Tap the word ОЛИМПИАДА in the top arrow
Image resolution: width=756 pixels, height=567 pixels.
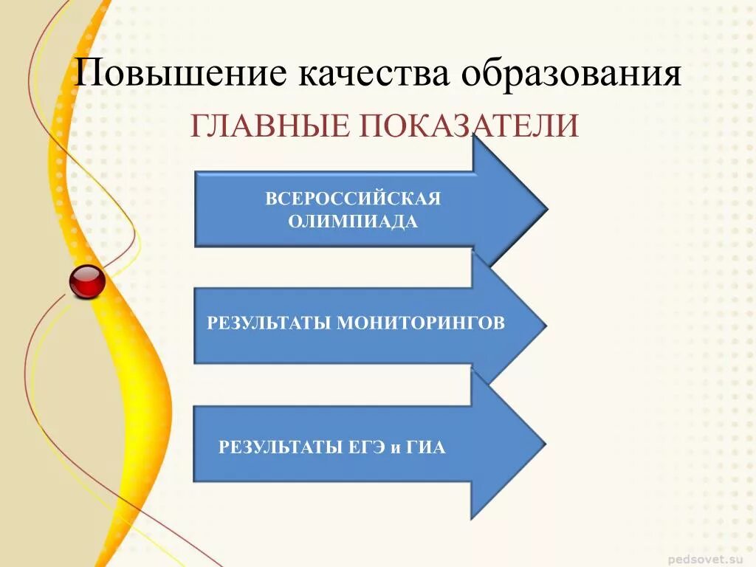pyautogui.click(x=353, y=221)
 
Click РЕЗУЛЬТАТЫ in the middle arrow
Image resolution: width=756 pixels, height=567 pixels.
pyautogui.click(x=269, y=323)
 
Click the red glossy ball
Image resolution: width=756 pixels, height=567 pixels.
pyautogui.click(x=87, y=281)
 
